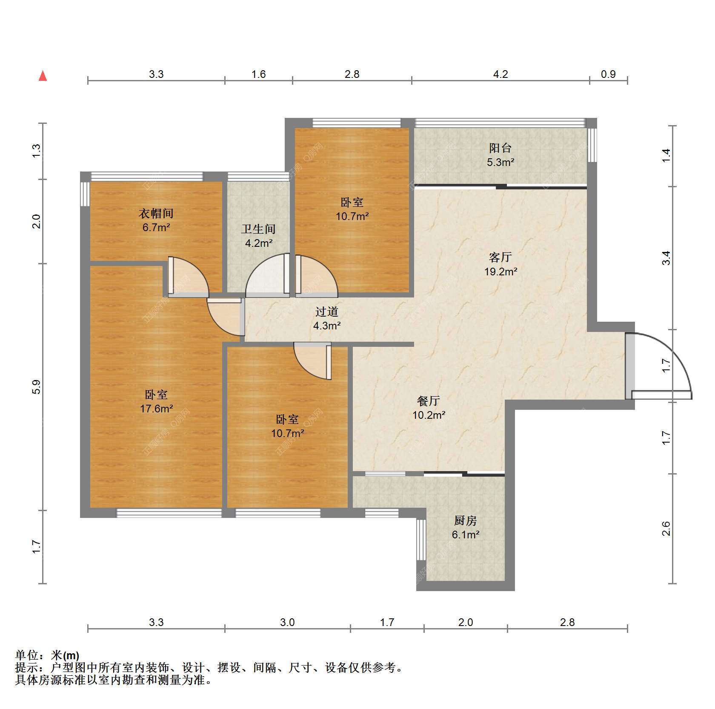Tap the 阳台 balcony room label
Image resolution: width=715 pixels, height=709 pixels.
tap(500, 148)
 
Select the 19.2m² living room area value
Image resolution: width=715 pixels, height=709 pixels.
tap(500, 272)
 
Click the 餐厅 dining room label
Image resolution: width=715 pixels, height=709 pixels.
tap(429, 401)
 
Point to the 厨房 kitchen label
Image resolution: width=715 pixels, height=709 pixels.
tap(466, 520)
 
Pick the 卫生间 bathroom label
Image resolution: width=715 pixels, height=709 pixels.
tap(258, 229)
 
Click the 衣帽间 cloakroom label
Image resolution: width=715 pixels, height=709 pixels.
tap(156, 213)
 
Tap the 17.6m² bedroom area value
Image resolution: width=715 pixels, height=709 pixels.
tap(156, 409)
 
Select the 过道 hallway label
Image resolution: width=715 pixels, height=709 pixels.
tap(326, 312)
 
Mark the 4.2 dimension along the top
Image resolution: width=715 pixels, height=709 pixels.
tap(500, 74)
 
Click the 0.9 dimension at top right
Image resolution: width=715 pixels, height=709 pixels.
tap(608, 74)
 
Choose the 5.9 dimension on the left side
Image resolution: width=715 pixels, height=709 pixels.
tap(37, 386)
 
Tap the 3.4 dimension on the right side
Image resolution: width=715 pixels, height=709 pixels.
tap(666, 258)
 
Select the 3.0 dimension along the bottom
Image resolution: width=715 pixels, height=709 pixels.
tap(287, 623)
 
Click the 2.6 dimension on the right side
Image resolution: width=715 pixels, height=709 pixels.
tap(666, 529)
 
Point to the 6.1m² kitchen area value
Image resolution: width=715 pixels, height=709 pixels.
tap(466, 535)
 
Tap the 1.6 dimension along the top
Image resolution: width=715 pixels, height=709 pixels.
tap(258, 74)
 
